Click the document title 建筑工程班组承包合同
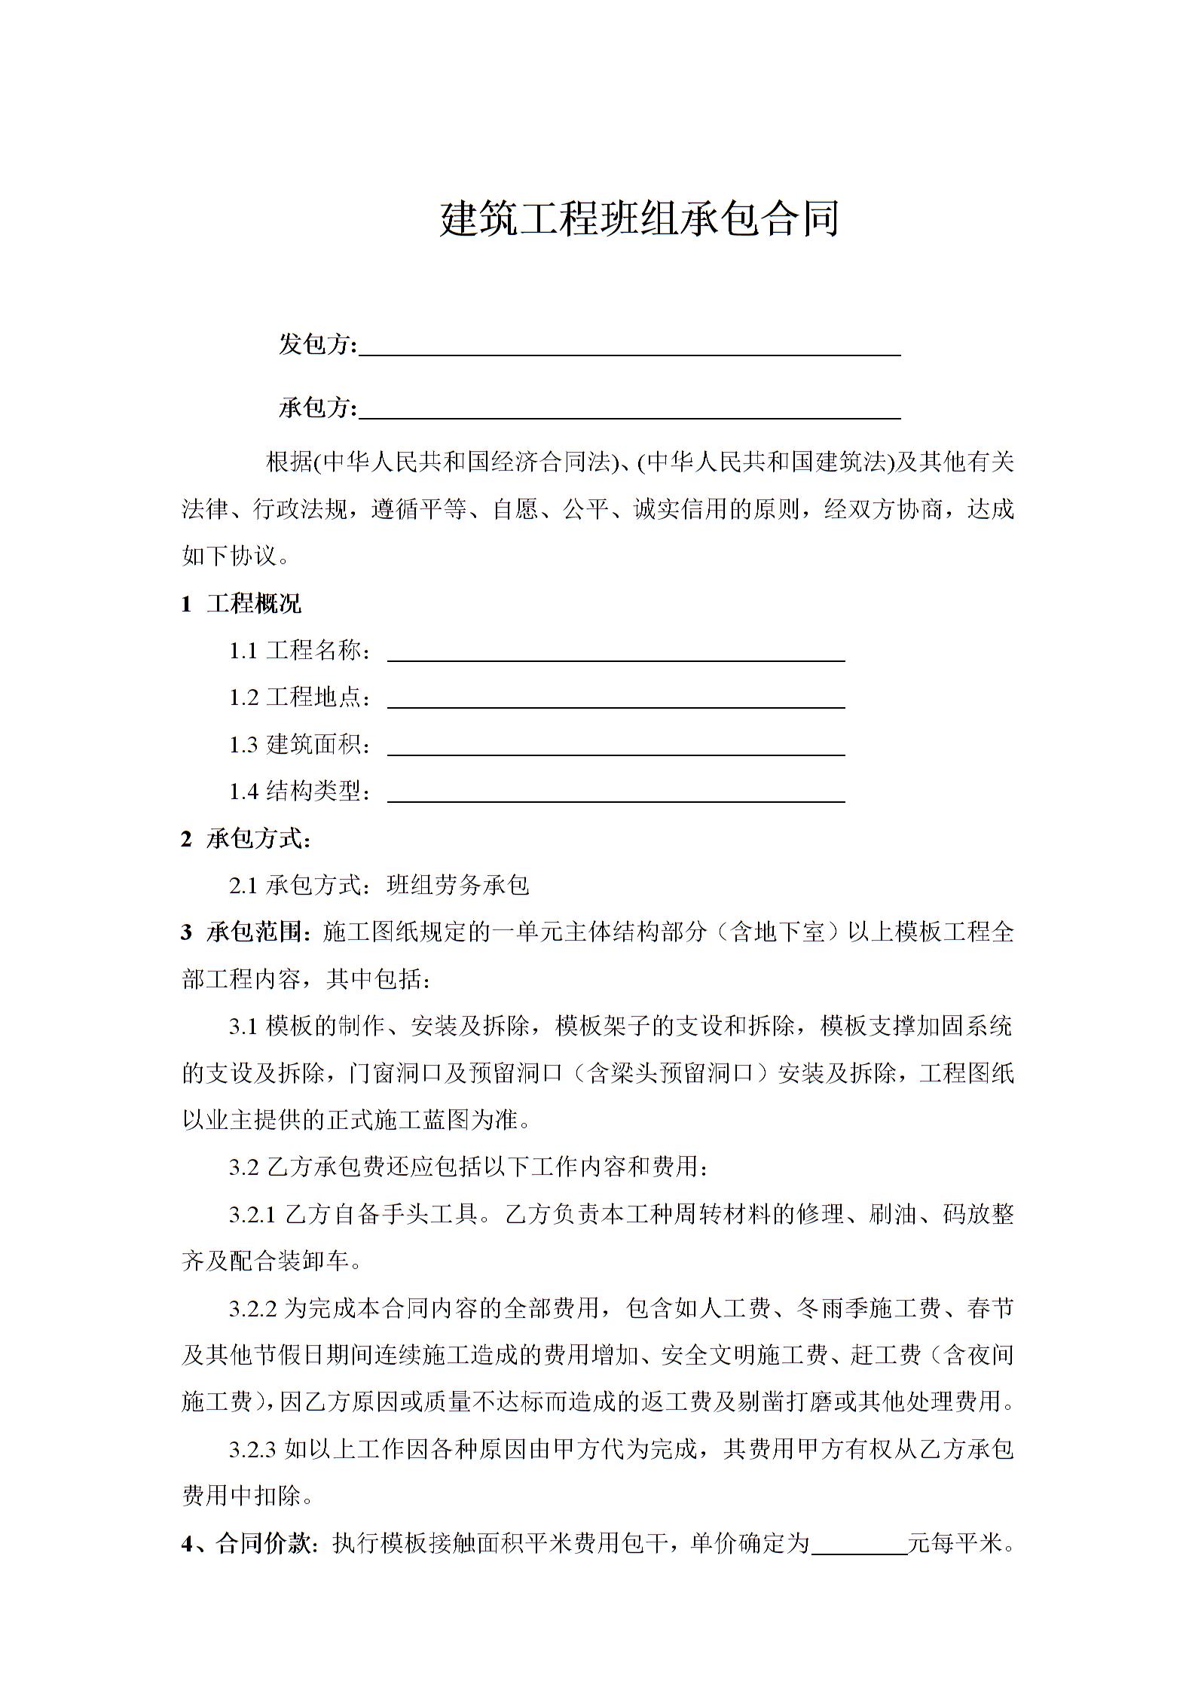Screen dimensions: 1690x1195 point(639,220)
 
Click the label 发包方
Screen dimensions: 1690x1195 point(316,344)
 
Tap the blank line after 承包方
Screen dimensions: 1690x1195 point(629,411)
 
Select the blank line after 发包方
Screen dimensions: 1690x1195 point(629,348)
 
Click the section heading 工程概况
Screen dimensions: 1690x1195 point(253,603)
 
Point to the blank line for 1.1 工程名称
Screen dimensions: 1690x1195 point(616,654)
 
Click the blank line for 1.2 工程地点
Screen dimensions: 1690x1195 point(616,700)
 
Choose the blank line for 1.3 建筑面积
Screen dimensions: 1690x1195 point(616,748)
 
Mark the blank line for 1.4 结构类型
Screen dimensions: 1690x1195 point(616,795)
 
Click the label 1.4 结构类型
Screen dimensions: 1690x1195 point(299,792)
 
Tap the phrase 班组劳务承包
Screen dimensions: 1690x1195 point(457,885)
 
